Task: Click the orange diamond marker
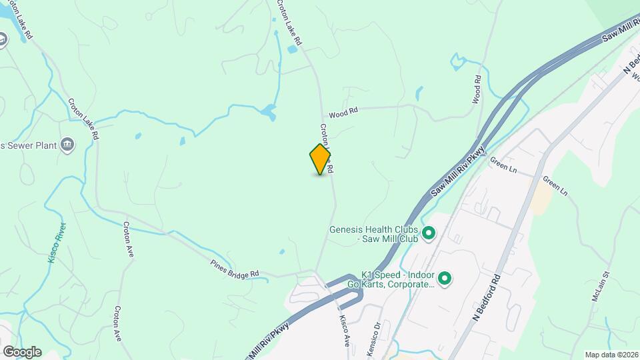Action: coord(320,159)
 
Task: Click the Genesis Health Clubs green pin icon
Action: coord(429,233)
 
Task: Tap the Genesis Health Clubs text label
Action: coord(373,234)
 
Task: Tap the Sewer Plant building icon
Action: coord(67,145)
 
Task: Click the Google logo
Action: coord(21,352)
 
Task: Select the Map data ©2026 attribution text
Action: coord(611,354)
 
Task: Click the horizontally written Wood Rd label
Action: coord(343,113)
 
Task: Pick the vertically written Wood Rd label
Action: coord(477,89)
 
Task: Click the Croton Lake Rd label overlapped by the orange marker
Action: coord(327,150)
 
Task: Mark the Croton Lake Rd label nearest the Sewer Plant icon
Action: coord(84,119)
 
